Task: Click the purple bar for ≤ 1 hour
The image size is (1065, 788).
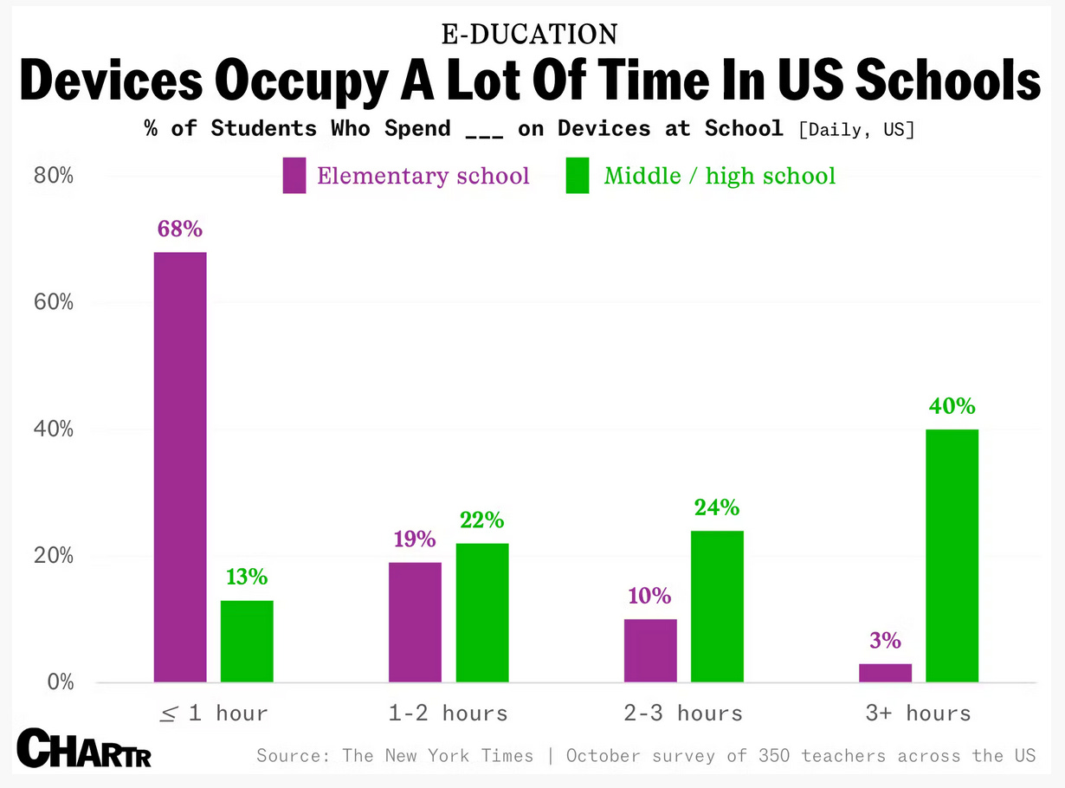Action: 180,467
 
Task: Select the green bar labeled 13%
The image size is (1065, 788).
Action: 247,641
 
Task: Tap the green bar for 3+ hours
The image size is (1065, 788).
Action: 952,555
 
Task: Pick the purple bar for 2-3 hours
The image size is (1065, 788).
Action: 650,650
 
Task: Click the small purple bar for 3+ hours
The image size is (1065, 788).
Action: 885,673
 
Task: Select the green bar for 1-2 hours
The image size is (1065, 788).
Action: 482,612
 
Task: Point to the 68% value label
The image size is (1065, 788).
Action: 180,229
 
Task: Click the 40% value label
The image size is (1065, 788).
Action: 952,406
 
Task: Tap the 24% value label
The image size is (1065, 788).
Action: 717,507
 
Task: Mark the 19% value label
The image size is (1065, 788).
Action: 415,539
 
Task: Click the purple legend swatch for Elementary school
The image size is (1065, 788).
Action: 294,176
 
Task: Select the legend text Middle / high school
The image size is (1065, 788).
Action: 720,177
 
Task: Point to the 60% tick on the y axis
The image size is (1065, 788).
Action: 54,303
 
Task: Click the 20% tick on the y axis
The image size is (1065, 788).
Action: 54,556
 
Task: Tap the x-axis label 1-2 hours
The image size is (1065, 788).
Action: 448,714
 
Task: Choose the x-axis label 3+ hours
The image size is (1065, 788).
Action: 918,714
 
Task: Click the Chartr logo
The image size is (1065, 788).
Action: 84,749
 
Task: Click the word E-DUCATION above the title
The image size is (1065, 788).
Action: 530,34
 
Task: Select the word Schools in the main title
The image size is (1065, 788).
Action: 947,81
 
